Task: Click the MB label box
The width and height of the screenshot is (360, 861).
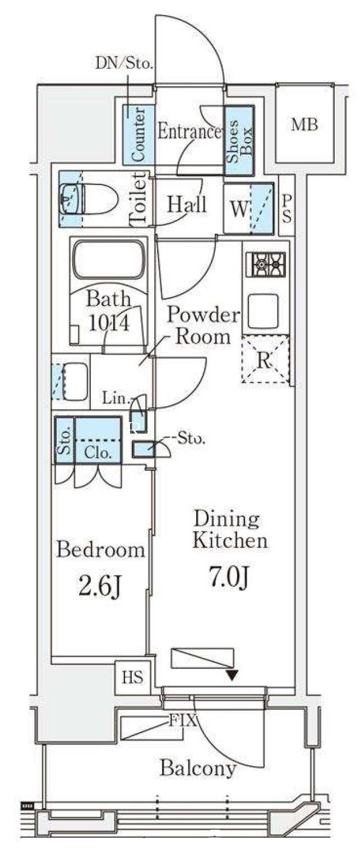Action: tap(304, 125)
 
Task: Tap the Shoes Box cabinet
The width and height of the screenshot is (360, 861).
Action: tap(239, 141)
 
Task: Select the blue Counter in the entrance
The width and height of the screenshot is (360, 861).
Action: tap(139, 135)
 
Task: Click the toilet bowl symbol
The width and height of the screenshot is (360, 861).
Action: tap(90, 199)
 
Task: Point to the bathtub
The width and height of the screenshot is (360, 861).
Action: tap(109, 259)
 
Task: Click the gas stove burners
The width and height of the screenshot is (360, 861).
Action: tap(268, 265)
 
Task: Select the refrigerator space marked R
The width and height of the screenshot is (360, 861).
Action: tap(265, 359)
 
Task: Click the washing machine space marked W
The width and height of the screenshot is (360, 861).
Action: tap(248, 209)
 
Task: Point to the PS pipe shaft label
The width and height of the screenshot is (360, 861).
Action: tap(287, 209)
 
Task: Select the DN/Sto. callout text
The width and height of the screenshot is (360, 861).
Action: tap(124, 63)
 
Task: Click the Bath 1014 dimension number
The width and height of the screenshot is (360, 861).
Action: tap(109, 323)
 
